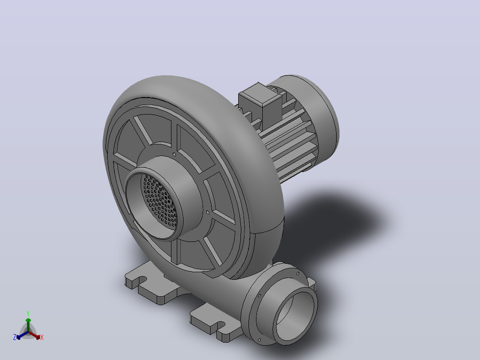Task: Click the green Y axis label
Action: [x=28, y=313]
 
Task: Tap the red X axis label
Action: [x=42, y=337]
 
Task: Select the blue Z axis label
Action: [x=14, y=337]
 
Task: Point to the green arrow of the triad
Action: [x=28, y=325]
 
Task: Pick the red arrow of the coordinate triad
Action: [x=34, y=335]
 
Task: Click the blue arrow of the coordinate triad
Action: [x=22, y=335]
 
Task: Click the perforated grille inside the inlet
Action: [x=159, y=201]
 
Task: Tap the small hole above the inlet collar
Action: [x=175, y=155]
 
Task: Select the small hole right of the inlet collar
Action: [x=207, y=212]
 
